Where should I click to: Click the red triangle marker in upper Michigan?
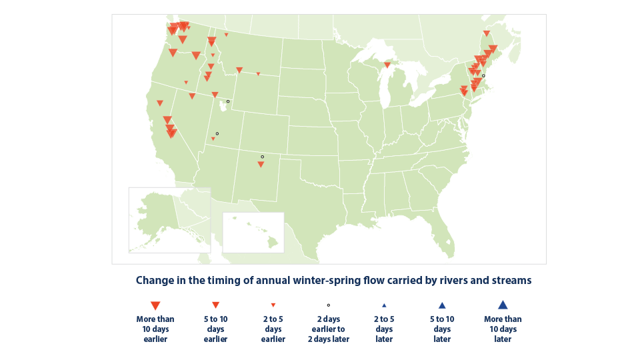coord(387,65)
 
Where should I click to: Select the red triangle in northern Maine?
coord(487,33)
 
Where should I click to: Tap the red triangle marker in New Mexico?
coord(261,164)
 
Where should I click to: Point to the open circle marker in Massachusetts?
coord(483,76)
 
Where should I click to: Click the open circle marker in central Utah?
coord(217,133)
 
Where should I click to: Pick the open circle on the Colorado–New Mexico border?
coord(262,157)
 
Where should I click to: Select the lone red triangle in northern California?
coord(160,103)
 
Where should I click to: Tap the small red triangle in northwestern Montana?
coord(226,35)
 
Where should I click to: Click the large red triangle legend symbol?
coord(155,305)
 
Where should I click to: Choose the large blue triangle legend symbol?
coord(503,305)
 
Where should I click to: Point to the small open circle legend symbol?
coord(328,305)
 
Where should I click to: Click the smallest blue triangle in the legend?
coord(384,305)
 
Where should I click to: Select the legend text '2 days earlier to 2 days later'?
coord(328,329)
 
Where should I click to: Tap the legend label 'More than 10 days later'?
coord(503,329)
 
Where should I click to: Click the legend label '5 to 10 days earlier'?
coord(215,329)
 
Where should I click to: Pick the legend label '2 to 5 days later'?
coord(384,329)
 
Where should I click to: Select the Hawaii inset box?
coord(253,232)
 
